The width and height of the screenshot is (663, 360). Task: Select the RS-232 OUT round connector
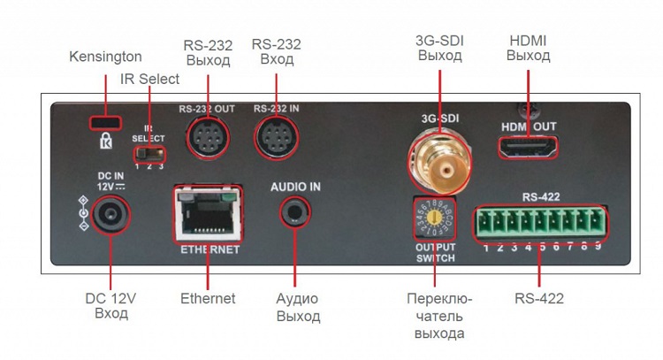point(207,136)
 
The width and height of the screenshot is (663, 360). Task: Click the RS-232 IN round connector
point(276,137)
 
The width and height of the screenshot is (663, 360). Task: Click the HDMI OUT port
point(529,148)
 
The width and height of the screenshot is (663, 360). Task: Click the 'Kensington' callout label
point(105,57)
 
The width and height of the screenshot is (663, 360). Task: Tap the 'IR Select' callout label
point(149,80)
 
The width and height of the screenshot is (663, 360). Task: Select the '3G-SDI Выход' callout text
point(439,48)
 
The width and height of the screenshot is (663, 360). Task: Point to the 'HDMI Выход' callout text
point(529,48)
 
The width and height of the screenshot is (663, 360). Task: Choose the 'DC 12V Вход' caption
point(111,306)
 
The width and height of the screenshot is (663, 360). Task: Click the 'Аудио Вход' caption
point(297,307)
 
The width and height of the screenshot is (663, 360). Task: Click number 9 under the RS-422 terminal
point(598,248)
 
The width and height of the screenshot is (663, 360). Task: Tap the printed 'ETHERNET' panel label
point(210,250)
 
